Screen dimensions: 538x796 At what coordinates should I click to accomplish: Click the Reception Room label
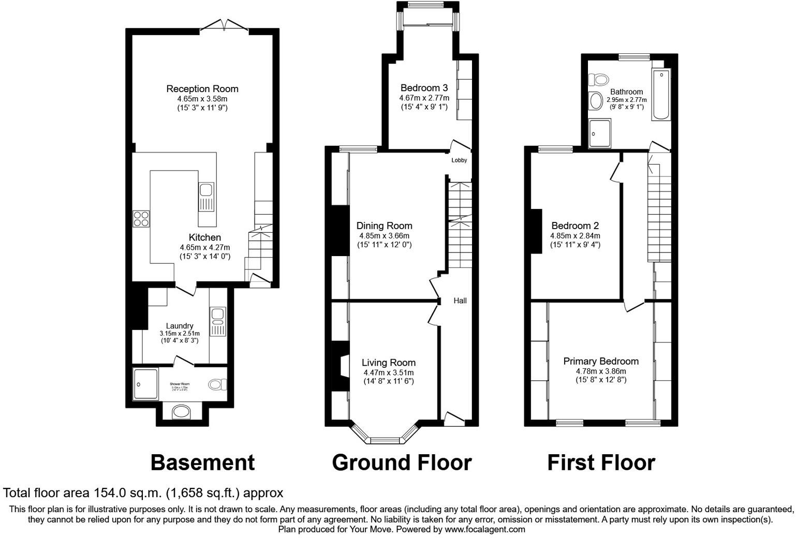point(202,89)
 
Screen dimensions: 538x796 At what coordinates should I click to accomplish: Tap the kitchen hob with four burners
point(141,219)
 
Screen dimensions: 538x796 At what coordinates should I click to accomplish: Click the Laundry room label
point(179,326)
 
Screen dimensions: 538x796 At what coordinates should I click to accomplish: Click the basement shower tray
point(146,384)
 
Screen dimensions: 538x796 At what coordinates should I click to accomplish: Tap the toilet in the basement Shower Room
point(217,384)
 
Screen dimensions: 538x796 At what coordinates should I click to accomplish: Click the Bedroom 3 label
point(424,88)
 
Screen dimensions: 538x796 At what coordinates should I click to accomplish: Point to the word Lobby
point(459,160)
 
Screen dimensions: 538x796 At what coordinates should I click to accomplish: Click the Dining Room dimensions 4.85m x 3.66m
point(384,235)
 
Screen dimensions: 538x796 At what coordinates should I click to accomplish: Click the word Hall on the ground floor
point(460,301)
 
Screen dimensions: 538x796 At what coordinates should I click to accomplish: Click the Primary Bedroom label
point(600,362)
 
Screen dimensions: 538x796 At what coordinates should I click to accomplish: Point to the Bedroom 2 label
point(574,226)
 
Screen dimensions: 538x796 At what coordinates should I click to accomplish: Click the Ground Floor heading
point(401,462)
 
